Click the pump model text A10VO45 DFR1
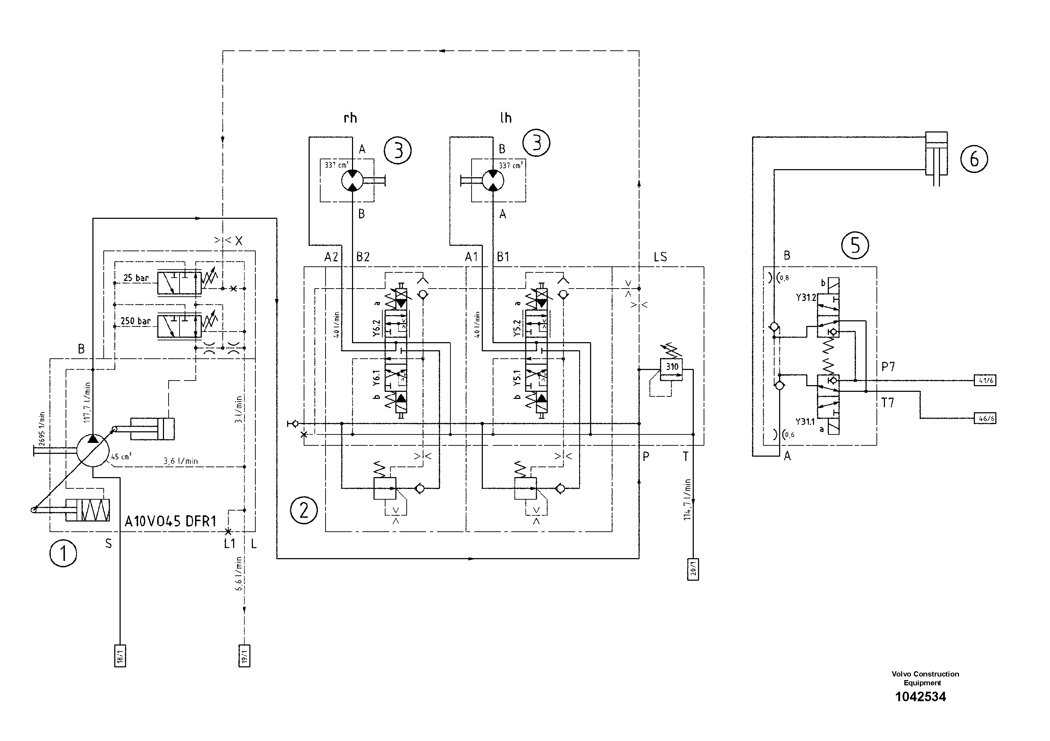tap(170, 521)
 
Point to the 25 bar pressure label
tap(136, 278)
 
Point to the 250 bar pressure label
tap(135, 321)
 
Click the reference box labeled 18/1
tap(120, 656)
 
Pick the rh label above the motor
tap(350, 118)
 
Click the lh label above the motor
tap(505, 118)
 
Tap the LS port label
tap(660, 257)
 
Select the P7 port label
tap(888, 366)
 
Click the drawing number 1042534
tap(920, 697)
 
